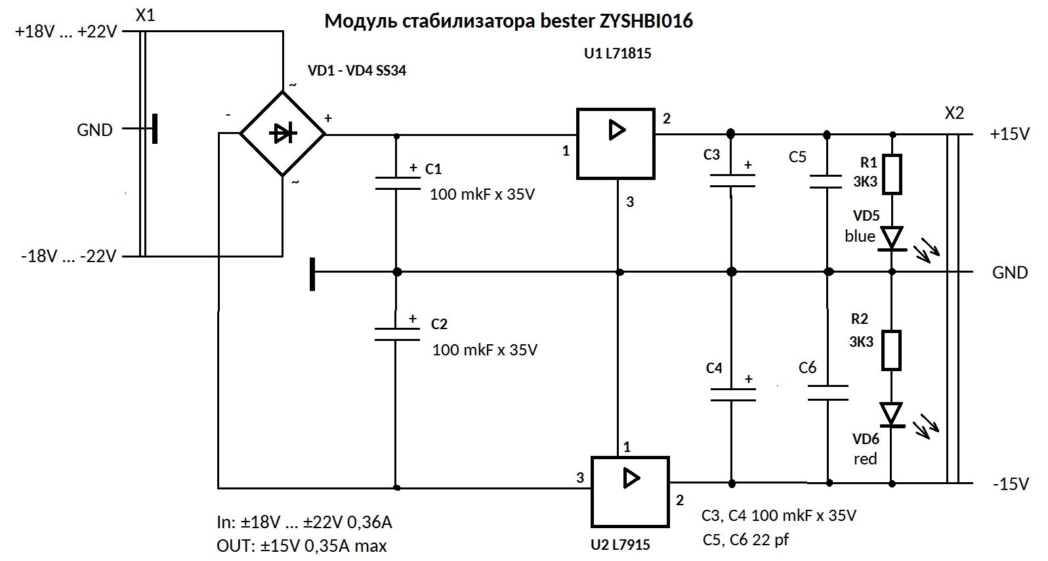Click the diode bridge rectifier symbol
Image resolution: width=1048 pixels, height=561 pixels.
point(283,133)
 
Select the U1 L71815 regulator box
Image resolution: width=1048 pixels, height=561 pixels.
point(616,143)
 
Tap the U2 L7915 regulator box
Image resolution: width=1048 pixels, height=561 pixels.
point(630,491)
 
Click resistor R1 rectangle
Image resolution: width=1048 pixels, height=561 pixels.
point(892,174)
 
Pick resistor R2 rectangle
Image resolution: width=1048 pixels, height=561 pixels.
point(891,350)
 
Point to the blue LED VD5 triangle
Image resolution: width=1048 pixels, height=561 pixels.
point(892,238)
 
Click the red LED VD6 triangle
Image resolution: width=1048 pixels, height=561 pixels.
point(891,415)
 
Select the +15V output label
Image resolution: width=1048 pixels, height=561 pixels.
point(1009,134)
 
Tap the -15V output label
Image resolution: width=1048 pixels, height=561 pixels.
point(1011,484)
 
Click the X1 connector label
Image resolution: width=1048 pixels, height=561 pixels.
point(145,15)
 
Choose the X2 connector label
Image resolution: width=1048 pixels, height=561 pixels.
point(954,113)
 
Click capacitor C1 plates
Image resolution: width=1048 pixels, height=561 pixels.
point(397,183)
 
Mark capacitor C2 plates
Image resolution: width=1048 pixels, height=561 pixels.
point(396,334)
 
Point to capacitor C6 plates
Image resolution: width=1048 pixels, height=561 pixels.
point(828,393)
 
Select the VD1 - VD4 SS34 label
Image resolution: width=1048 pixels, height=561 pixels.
point(357,70)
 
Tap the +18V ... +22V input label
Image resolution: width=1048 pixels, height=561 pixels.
point(66,32)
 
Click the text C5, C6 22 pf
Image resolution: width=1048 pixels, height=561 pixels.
point(745,540)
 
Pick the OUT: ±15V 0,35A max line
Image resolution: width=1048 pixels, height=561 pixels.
point(302,546)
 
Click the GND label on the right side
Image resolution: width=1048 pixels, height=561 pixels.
point(1009,273)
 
